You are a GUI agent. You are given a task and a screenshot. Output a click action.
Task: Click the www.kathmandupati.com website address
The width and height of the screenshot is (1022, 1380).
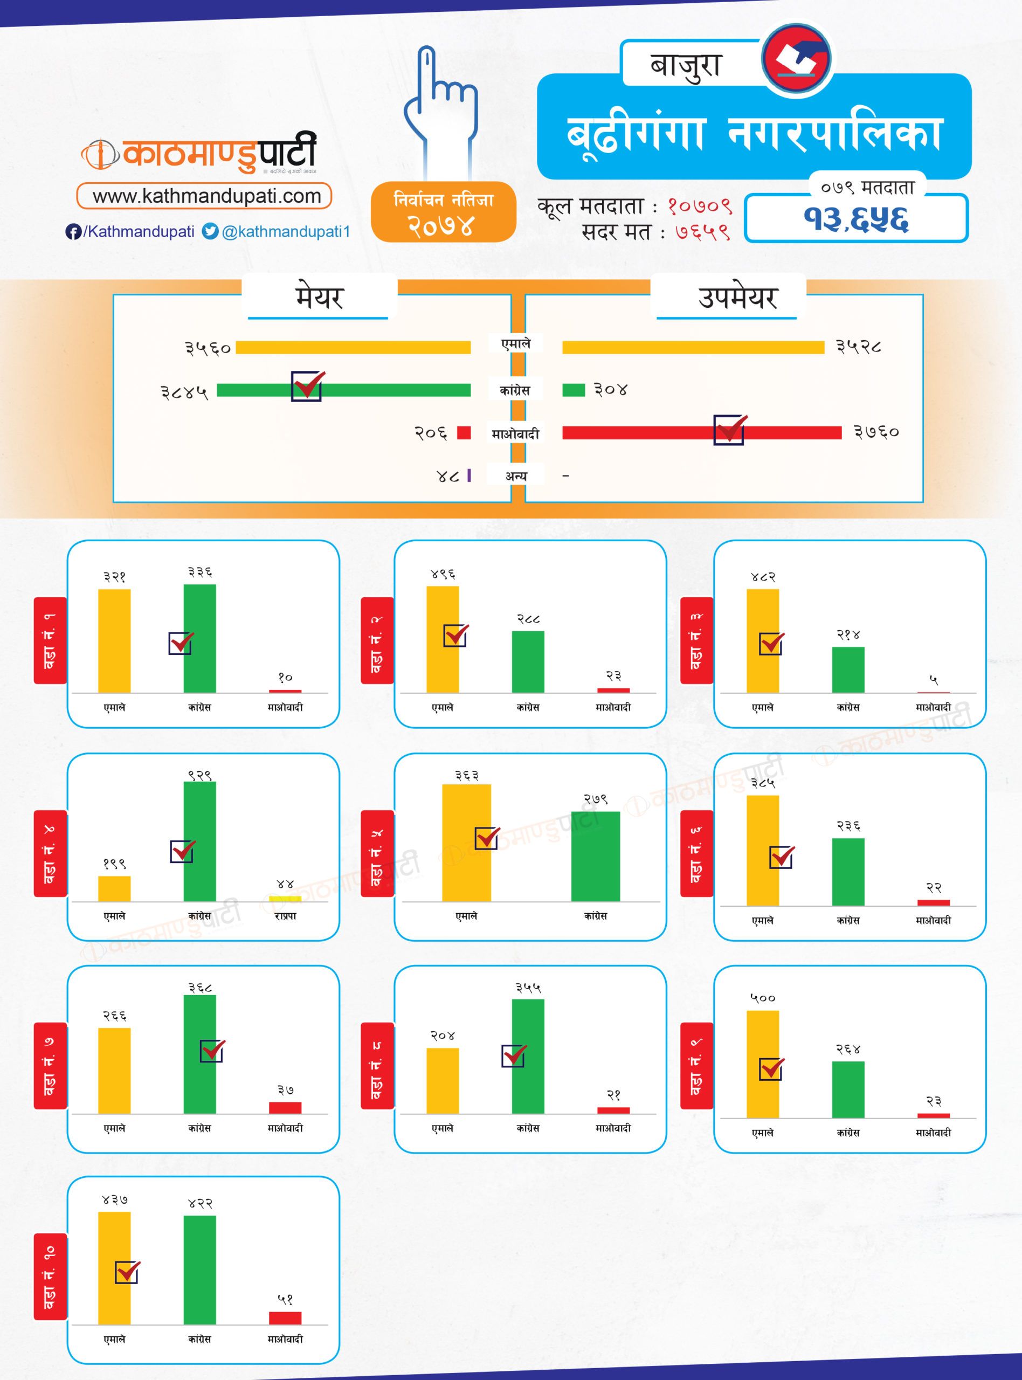[x=206, y=196]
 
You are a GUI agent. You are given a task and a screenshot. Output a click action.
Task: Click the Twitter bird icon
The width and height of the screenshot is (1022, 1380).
[x=210, y=231]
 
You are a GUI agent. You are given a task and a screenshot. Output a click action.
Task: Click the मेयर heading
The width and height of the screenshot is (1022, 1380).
[x=319, y=298]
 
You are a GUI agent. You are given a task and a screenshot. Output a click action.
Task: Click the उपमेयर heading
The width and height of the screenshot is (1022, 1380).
[x=737, y=298]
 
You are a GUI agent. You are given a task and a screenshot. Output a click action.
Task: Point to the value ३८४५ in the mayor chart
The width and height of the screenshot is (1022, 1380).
[x=184, y=392]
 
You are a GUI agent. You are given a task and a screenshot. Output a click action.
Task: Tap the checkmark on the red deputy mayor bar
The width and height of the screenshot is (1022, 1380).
[x=730, y=429]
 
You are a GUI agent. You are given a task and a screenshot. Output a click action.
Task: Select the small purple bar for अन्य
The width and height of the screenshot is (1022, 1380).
[x=469, y=475]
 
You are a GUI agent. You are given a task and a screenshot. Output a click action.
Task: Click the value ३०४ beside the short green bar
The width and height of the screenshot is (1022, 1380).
[x=611, y=390]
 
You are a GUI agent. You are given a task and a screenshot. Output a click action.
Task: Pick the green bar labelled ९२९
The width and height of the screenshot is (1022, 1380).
[x=200, y=841]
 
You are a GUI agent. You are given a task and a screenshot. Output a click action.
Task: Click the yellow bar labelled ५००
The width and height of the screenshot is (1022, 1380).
[x=762, y=1064]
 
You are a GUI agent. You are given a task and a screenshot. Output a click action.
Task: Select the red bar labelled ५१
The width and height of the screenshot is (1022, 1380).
[x=285, y=1317]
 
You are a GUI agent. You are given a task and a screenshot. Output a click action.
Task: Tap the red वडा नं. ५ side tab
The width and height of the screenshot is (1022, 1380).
[x=377, y=854]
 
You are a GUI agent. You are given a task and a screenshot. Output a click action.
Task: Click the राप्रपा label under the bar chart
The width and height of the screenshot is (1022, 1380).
[x=285, y=916]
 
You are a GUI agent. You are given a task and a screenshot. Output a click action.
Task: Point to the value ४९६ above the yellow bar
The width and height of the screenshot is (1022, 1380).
[x=443, y=575]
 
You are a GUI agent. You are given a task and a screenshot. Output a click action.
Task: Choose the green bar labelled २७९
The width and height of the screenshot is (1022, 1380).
[x=595, y=857]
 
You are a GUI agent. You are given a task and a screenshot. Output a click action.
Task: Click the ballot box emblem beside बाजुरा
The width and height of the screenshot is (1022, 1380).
[x=796, y=59]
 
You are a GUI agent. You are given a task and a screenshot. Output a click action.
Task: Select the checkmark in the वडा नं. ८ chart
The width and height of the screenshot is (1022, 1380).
[x=514, y=1056]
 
